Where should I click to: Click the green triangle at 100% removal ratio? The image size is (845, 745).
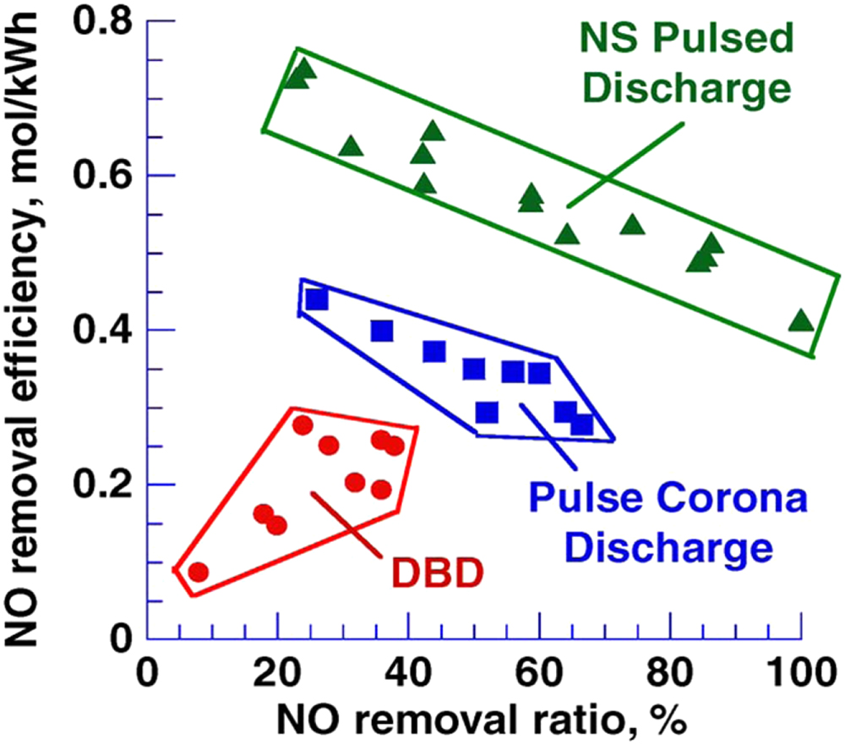pyautogui.click(x=800, y=321)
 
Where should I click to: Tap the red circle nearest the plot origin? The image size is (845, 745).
pyautogui.click(x=198, y=572)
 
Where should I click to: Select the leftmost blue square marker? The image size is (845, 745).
pyautogui.click(x=316, y=299)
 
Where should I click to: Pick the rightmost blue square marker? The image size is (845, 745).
pyautogui.click(x=582, y=425)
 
